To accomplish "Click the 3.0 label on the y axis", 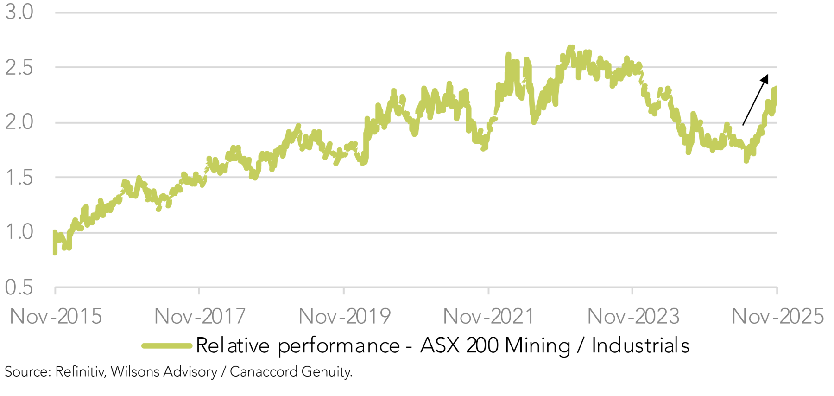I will [19, 12].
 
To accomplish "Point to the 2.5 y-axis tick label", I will [19, 68].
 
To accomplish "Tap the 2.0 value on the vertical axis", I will [19, 122].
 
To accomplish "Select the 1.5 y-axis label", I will [19, 178].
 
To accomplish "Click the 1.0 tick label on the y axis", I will [19, 232].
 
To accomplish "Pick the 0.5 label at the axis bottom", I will [19, 287].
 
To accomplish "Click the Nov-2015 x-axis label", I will [56, 317].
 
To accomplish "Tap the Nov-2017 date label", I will [200, 317].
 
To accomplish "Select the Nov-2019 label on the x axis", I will [344, 317].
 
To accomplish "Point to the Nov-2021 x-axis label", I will [489, 317].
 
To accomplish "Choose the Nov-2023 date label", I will [633, 317].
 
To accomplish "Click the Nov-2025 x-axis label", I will [777, 317].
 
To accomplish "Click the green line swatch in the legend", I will [167, 346].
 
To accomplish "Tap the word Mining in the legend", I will [537, 346].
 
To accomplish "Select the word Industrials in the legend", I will [640, 346].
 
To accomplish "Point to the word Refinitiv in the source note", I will [80, 372].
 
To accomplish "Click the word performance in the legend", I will [338, 346].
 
